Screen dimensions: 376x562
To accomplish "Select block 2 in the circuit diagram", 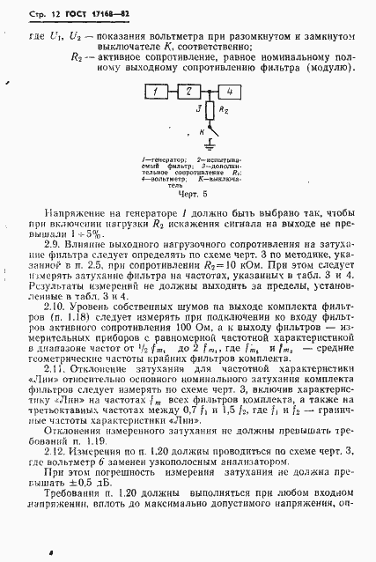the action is coord(188,92).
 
